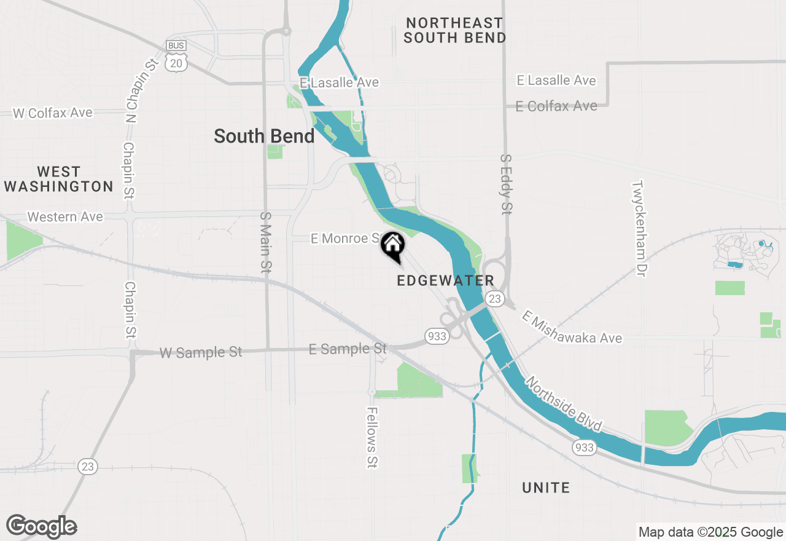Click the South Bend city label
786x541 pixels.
264,136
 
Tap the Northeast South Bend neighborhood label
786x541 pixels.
455,30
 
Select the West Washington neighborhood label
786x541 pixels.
58,179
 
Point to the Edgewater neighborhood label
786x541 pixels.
445,281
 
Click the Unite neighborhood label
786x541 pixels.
546,488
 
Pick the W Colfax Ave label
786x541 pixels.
53,113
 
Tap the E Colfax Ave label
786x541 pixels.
556,106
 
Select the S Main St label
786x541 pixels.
265,242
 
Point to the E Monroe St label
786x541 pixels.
346,239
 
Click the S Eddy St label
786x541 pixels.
506,184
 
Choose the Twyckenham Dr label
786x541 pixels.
639,228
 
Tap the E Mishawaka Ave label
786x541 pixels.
572,327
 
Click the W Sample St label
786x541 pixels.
201,353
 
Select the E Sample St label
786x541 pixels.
348,349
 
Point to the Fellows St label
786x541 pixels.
372,437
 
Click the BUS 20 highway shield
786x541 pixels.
176,55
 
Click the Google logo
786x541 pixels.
41,527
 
